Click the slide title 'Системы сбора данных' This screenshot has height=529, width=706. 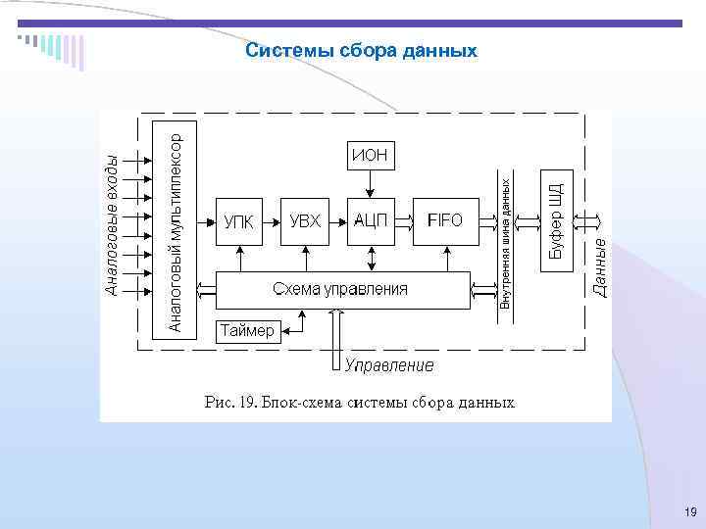[x=362, y=49]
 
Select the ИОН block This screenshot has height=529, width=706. [x=370, y=154]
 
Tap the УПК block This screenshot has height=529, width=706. [x=238, y=221]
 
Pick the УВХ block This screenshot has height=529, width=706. [x=305, y=221]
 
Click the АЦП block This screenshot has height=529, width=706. [x=372, y=221]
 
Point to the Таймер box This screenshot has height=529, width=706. [x=247, y=331]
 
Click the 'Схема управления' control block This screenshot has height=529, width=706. [x=341, y=289]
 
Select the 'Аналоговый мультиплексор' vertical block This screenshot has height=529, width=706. [x=176, y=225]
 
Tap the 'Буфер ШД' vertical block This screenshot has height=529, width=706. [x=555, y=220]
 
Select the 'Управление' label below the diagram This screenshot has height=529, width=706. [x=389, y=365]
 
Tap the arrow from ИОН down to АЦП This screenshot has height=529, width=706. [x=370, y=182]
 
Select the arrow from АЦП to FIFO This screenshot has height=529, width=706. [x=406, y=221]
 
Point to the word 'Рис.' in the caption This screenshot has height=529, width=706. [x=218, y=403]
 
